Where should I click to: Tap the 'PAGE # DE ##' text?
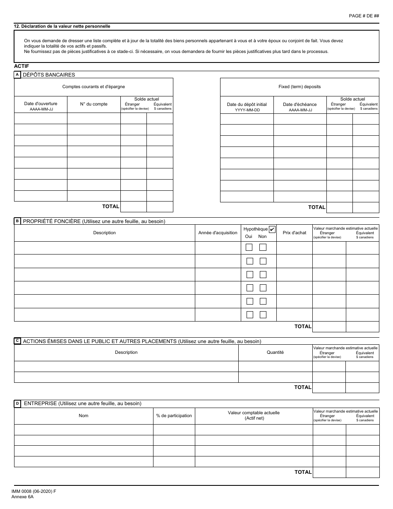364,16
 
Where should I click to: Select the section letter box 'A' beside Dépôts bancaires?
17,75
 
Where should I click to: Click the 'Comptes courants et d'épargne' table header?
93,87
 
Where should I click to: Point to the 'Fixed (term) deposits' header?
300,87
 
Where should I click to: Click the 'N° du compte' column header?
93,104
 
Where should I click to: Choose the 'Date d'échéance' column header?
300,105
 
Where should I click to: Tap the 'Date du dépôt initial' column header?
247,105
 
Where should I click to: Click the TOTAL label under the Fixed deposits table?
317,207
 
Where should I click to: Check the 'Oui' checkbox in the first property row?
249,247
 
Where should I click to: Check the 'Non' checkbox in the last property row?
263,315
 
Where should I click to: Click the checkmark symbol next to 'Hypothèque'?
272,229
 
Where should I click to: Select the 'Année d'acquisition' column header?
218,233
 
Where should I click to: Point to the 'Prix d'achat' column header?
294,233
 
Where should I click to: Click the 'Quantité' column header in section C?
276,353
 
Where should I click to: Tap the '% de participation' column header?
174,415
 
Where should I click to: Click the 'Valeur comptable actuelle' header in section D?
254,413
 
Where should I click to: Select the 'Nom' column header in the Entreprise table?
84,415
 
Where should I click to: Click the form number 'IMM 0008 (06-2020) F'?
34,491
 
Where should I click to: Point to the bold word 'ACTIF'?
22,66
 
